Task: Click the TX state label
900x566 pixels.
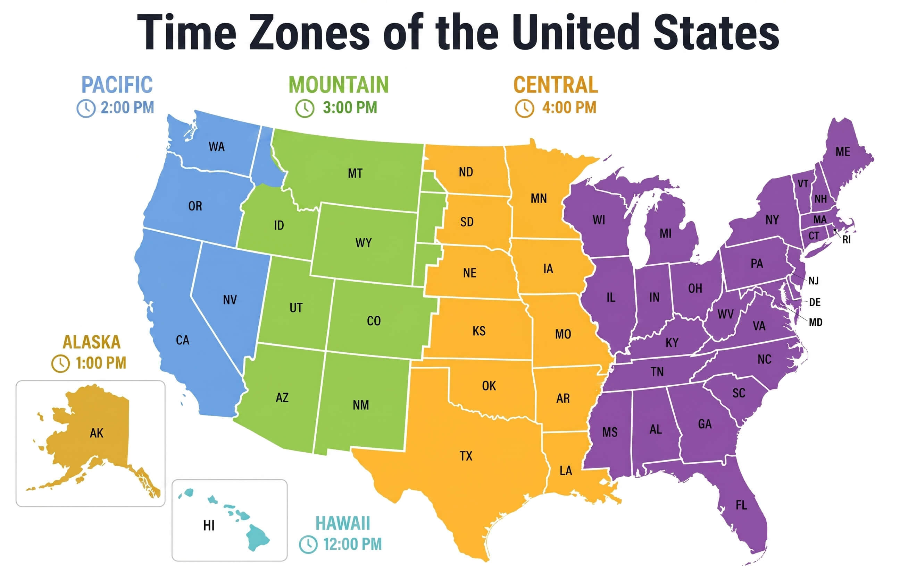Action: click(466, 456)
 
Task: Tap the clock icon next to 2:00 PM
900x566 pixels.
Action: click(86, 109)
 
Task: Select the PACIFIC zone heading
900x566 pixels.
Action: click(117, 85)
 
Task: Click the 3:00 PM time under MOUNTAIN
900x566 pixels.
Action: click(350, 108)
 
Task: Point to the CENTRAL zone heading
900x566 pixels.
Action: click(556, 85)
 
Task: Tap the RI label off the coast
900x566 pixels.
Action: click(847, 240)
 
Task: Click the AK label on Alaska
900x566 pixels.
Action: click(97, 433)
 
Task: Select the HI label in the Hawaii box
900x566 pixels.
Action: click(209, 526)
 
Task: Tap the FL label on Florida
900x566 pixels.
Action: click(742, 505)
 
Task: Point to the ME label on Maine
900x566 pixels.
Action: click(843, 152)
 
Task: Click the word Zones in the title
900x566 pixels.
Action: click(309, 33)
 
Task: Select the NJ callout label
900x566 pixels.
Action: click(814, 281)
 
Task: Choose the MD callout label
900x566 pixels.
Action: click(816, 322)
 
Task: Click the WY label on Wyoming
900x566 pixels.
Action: click(363, 243)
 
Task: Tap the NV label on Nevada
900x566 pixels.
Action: click(230, 300)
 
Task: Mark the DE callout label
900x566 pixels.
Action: click(815, 302)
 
